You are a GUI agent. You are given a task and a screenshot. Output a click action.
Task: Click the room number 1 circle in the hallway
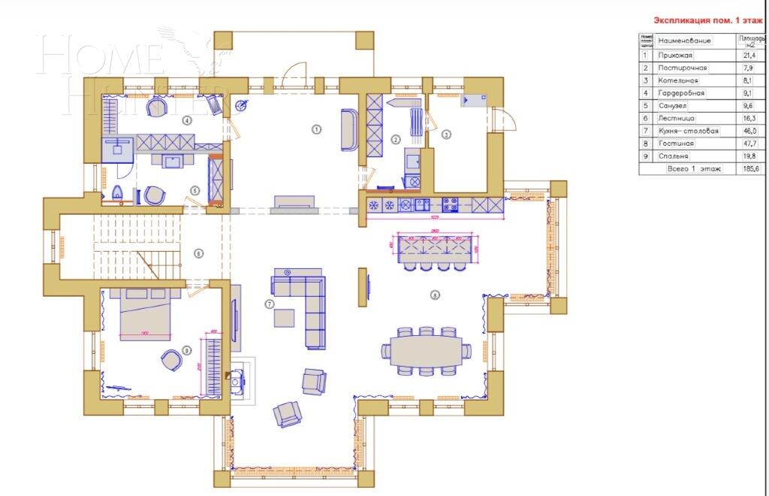316,129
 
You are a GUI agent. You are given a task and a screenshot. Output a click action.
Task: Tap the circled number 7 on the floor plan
268,303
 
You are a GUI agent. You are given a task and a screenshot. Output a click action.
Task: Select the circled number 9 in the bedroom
186,349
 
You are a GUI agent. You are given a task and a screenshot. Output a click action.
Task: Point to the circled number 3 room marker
446,135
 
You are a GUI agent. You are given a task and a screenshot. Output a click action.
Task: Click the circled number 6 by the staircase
198,253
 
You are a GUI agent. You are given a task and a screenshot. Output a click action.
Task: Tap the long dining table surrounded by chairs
425,349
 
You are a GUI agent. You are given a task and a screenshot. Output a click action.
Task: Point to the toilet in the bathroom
116,195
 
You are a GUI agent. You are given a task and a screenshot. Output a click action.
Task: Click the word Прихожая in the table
675,56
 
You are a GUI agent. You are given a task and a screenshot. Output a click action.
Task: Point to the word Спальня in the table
673,156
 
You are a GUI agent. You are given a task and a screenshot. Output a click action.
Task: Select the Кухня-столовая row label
688,131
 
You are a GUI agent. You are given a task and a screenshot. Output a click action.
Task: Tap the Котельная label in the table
678,80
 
